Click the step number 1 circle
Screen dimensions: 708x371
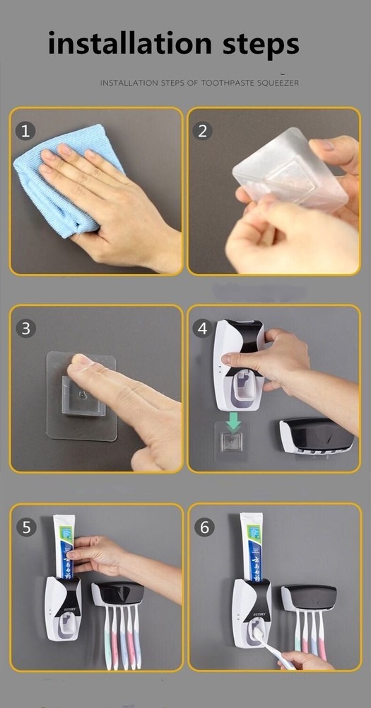tap(26, 130)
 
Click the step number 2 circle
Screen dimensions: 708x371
tap(203, 130)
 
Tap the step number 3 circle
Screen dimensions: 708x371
tap(26, 328)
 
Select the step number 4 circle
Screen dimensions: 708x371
tap(203, 328)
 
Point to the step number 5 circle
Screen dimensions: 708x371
tap(26, 527)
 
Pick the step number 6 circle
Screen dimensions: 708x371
tap(204, 527)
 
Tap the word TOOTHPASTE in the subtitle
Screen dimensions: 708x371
tap(230, 83)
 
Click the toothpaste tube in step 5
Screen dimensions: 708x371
tap(64, 545)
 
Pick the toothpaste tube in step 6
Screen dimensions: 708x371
tap(251, 545)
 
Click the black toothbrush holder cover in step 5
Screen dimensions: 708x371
tap(119, 593)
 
